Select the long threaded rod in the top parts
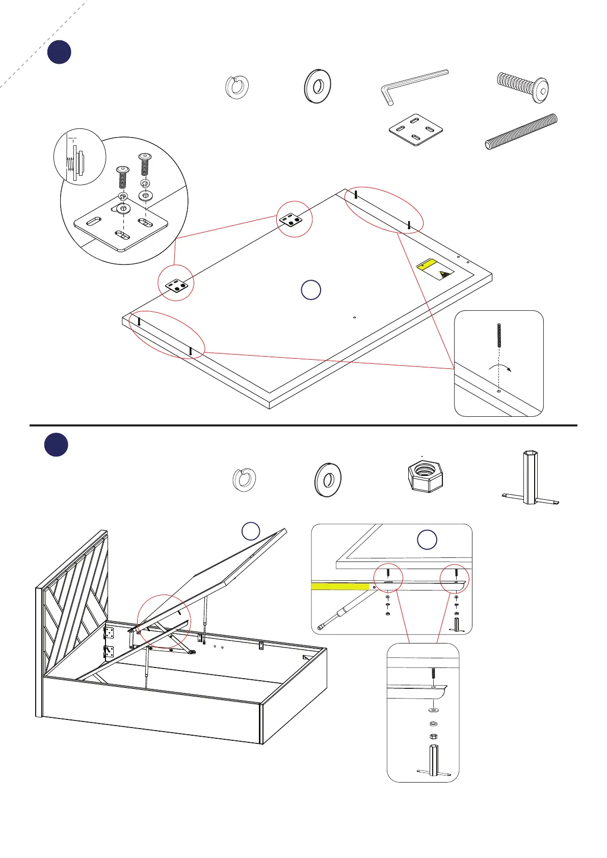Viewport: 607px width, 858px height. coord(521,131)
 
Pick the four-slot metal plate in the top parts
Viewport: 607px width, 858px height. coord(415,130)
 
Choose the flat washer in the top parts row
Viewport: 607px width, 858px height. coord(318,86)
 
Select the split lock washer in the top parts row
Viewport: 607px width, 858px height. coord(237,86)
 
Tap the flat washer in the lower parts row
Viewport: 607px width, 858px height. coord(327,479)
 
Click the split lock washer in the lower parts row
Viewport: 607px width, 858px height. coord(244,479)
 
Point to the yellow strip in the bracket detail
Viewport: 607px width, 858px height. coord(340,586)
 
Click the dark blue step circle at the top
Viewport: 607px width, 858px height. coord(59,52)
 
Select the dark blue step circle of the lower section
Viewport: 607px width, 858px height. coord(56,444)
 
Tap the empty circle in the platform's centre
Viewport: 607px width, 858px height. coord(311,289)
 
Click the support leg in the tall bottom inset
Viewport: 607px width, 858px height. coord(433,761)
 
